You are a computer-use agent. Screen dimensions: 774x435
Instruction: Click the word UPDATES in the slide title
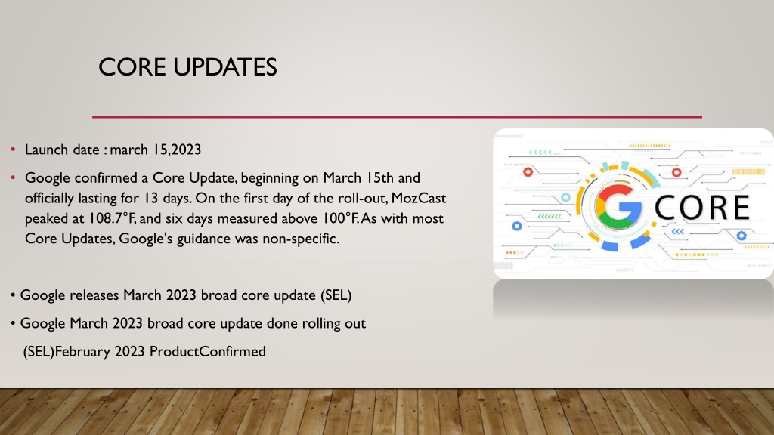tap(225, 67)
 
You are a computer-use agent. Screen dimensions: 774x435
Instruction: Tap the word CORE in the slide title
tap(132, 67)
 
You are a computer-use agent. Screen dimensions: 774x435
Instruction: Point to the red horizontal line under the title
tap(397, 117)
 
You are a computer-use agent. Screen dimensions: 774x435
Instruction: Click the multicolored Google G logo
tap(618, 207)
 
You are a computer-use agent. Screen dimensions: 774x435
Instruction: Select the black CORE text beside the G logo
tap(702, 207)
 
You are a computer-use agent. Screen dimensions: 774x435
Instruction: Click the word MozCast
tap(419, 199)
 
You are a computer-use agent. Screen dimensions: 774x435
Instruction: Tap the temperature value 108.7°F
tap(112, 218)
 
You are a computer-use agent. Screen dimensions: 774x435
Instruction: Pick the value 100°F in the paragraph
tap(341, 218)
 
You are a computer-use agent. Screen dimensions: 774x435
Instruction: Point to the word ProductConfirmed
tap(207, 352)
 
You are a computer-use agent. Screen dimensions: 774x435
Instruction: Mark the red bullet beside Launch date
tap(14, 149)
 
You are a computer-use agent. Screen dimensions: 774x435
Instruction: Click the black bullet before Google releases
tap(13, 295)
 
